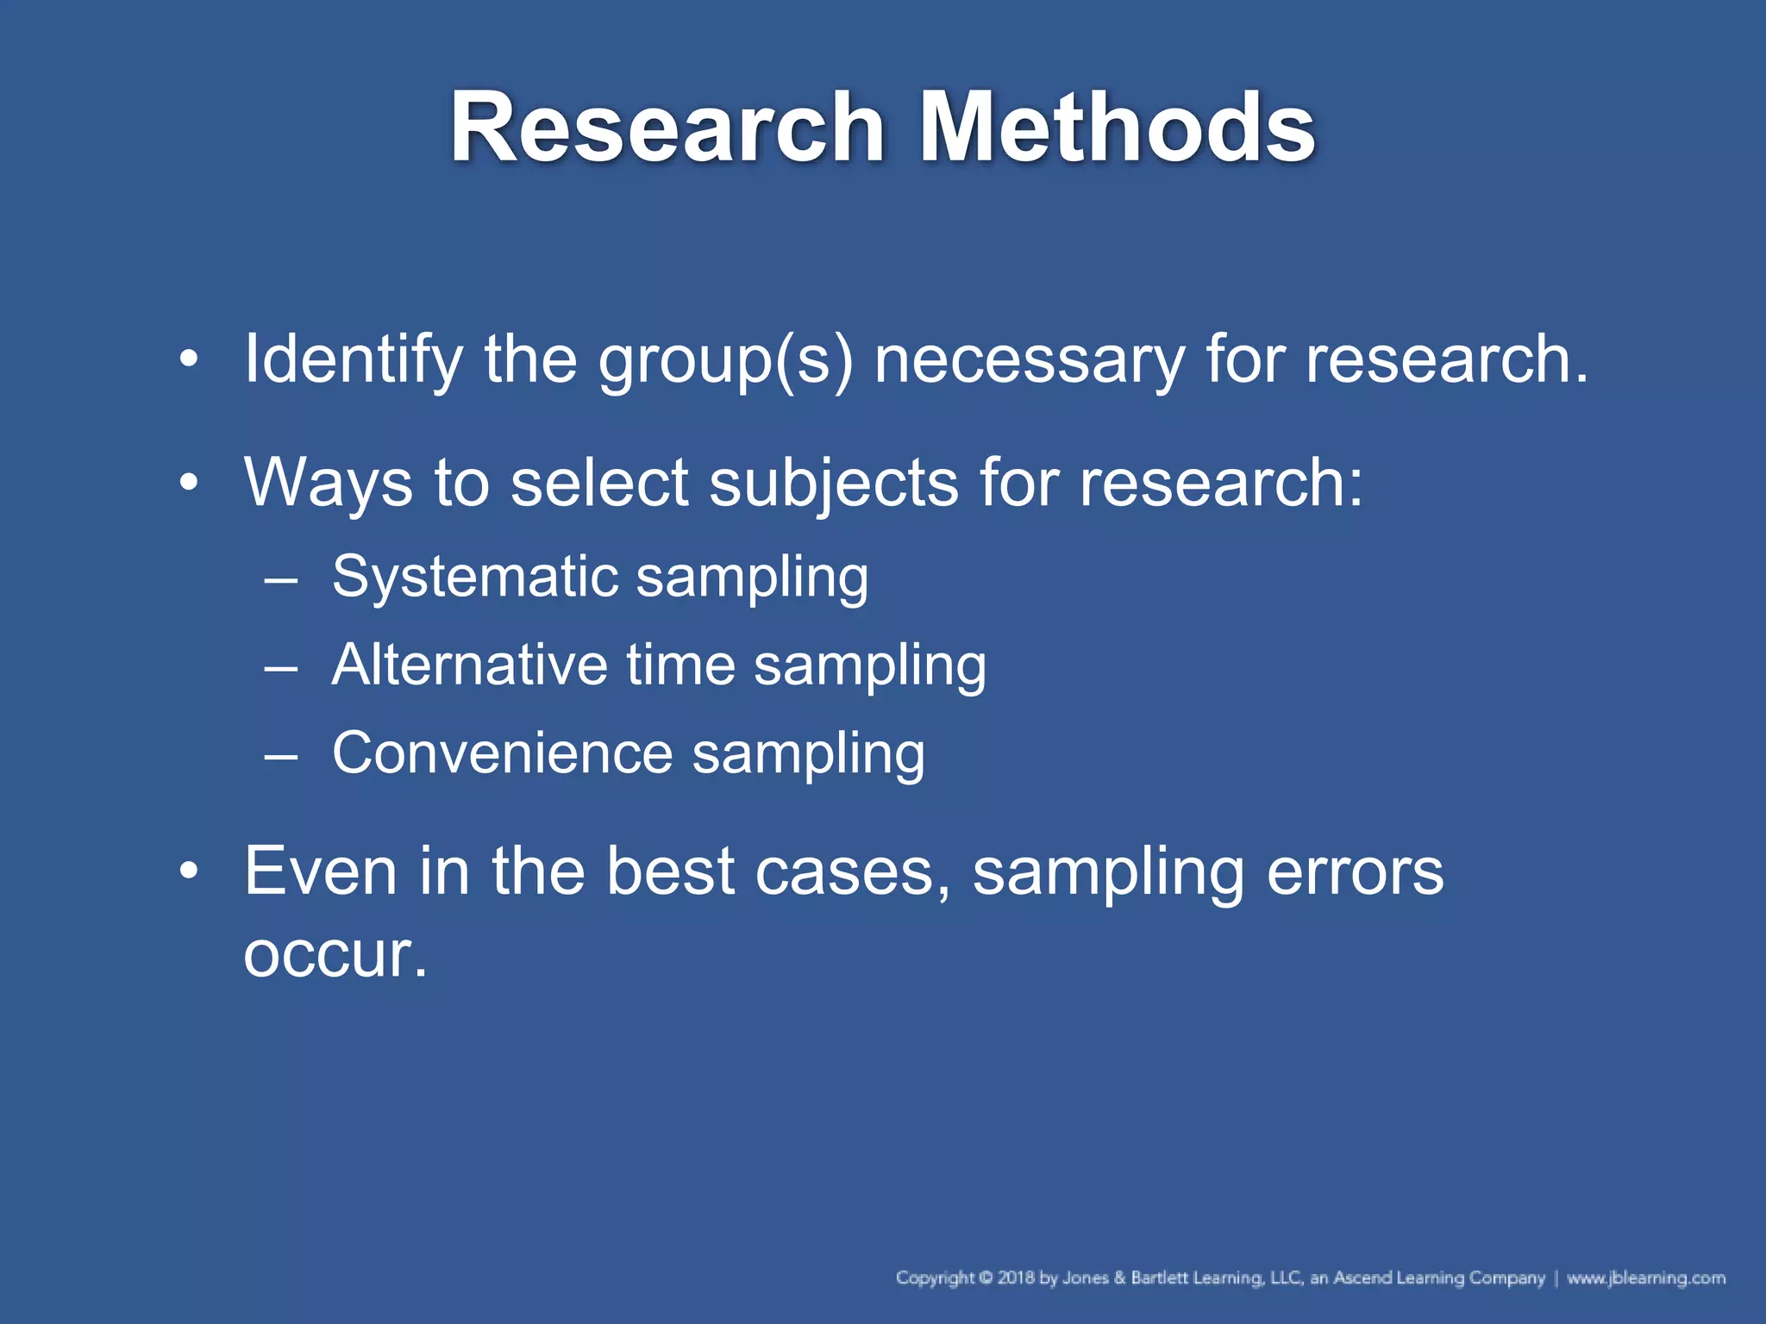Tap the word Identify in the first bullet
354,359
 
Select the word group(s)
726,361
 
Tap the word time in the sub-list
680,665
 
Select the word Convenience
502,753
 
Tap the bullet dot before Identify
189,358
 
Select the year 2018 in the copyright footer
1016,1277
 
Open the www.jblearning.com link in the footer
1646,1277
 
